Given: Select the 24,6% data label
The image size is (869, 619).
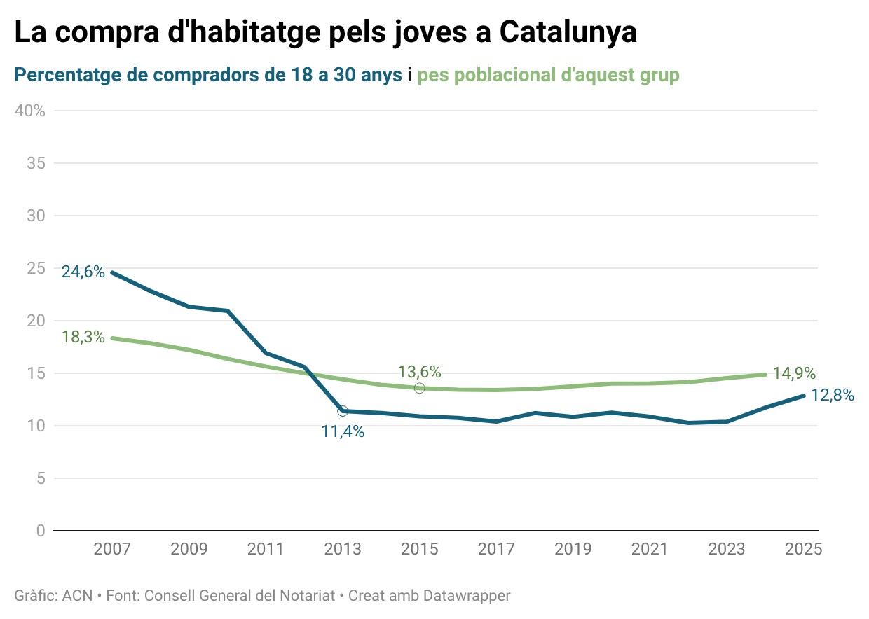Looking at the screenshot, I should coord(83,272).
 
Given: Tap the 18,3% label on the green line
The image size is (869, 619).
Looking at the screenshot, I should coord(83,337).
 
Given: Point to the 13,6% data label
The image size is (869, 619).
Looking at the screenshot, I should coord(419,372).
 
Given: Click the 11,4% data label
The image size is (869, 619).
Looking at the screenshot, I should coord(343,432).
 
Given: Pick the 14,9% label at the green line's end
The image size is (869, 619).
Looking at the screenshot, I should coord(794,373).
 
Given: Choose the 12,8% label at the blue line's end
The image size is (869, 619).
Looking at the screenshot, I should coord(833,395).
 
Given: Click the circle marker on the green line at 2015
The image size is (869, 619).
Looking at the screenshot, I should coord(419,388).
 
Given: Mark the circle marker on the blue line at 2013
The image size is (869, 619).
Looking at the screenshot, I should coord(343,411).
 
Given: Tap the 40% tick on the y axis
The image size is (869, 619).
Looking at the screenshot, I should coord(31,111).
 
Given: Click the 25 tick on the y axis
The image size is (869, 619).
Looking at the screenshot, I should coord(35,268).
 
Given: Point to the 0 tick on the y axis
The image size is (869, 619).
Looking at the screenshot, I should coord(40,531).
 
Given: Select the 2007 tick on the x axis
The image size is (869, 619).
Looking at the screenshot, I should coord(112,549).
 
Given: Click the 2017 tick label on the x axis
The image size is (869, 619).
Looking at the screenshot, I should coord(496,549).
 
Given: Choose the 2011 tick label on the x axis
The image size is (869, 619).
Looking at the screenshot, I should coord(265,549).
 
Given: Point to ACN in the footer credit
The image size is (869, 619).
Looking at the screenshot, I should coord(77,596).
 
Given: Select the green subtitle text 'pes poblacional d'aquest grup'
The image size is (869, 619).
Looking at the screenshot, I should coord(548,75).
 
